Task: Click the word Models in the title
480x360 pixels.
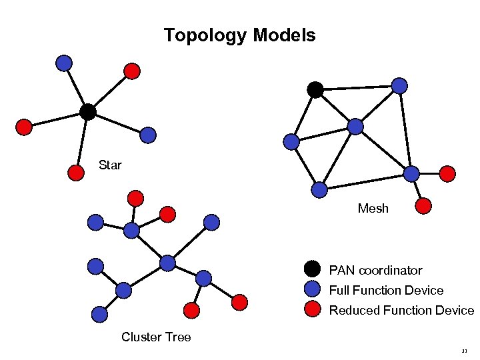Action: (285, 35)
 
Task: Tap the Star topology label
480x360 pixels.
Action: (110, 165)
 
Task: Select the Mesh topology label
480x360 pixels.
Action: (373, 209)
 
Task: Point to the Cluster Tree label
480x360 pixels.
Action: (156, 337)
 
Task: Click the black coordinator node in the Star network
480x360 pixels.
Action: (87, 112)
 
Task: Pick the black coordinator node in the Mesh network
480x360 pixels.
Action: (315, 89)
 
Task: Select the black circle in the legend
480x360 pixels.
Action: (312, 269)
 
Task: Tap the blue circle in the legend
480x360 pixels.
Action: (312, 289)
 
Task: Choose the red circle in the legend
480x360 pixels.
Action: (312, 309)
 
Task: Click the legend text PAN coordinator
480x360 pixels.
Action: (375, 271)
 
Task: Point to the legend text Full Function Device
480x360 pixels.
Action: (386, 291)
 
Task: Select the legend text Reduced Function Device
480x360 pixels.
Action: (401, 311)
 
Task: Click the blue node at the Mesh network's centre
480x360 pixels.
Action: (355, 126)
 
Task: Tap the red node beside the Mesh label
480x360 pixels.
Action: (422, 206)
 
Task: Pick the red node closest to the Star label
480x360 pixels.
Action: (77, 172)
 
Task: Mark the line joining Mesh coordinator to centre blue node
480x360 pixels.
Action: (335, 107)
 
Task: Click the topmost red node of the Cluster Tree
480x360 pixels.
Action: (135, 198)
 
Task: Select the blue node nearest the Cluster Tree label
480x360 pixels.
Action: (99, 314)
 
